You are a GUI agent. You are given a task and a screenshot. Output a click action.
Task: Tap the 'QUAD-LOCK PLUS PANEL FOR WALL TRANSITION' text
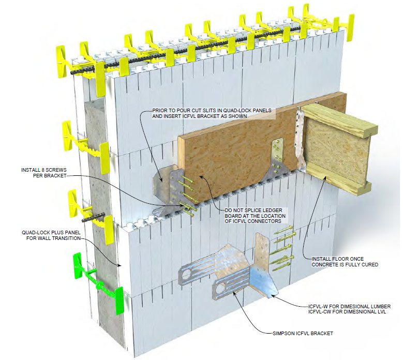50,235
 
